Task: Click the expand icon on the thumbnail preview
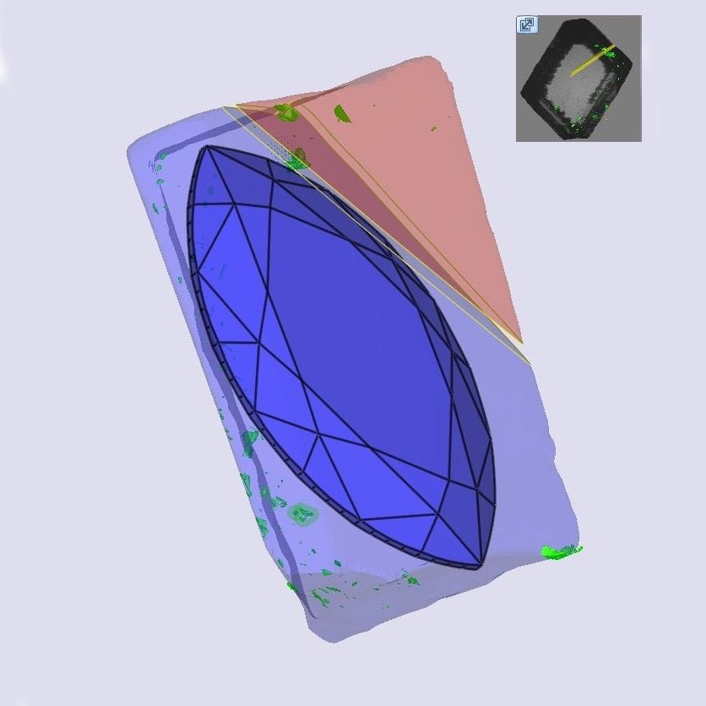pos(526,24)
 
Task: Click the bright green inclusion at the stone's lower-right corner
pos(559,552)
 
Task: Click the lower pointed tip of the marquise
pos(481,565)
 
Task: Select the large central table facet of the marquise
pos(346,338)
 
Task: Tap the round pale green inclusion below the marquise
pos(301,513)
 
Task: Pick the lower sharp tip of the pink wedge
pos(522,343)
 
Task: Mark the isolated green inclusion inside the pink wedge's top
pos(341,112)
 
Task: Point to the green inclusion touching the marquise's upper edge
pos(298,158)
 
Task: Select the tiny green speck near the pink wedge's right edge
pos(434,128)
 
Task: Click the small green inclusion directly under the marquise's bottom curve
pos(411,579)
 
